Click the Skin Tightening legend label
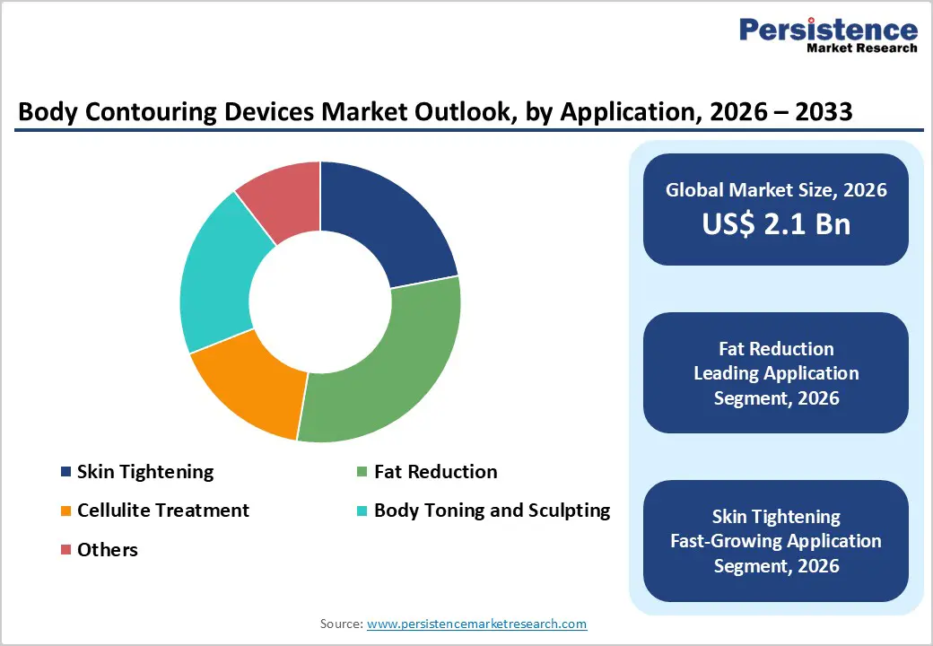(x=145, y=472)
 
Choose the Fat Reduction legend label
(x=435, y=472)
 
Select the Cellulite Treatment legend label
(x=163, y=511)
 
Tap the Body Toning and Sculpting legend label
(x=492, y=511)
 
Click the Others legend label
(x=108, y=549)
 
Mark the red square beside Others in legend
(x=65, y=549)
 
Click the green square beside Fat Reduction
(x=362, y=472)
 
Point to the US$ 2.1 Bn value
(x=776, y=223)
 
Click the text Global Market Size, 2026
(x=776, y=189)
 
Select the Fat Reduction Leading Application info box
(x=776, y=373)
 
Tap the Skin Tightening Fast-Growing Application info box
(x=776, y=541)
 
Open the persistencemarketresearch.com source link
(x=476, y=624)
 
